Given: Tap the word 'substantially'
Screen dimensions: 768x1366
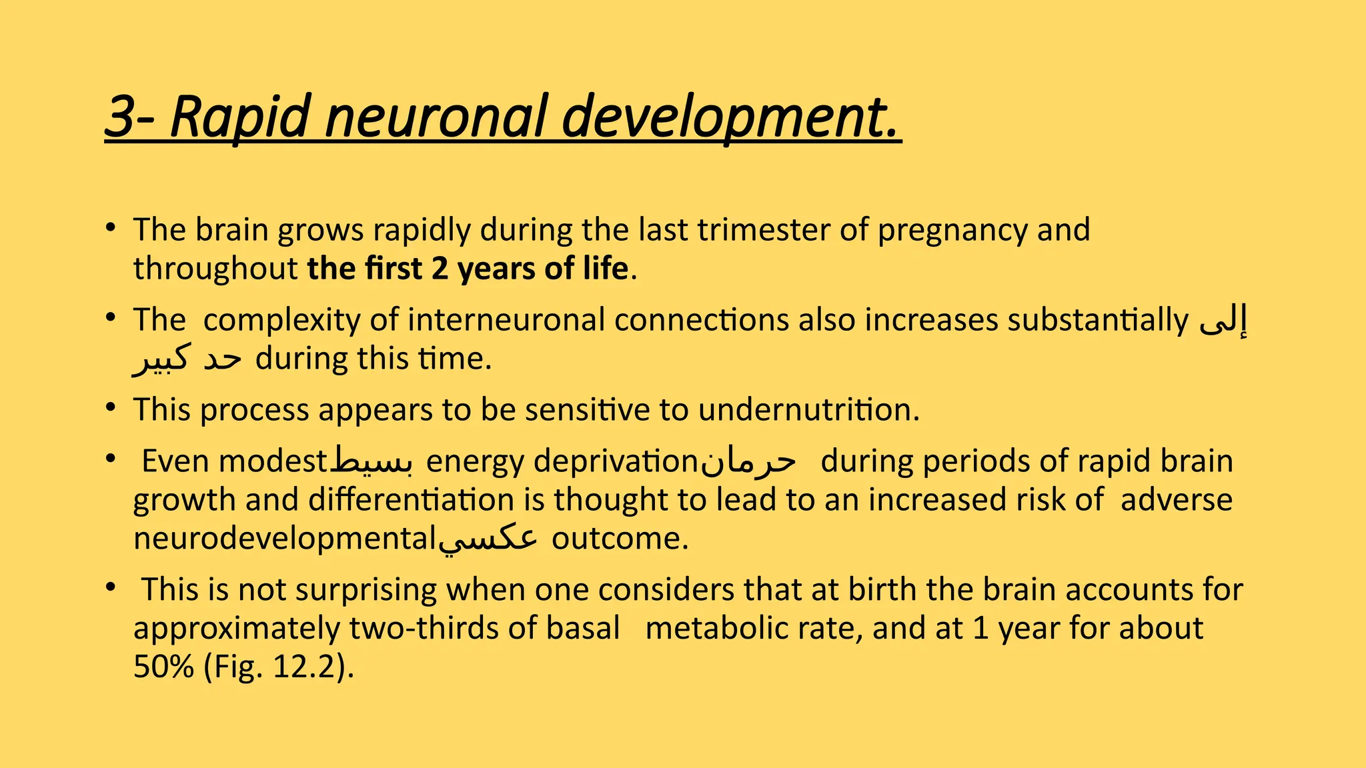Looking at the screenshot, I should (x=1097, y=320).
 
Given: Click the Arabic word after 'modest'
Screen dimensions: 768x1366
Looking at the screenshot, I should (x=372, y=460).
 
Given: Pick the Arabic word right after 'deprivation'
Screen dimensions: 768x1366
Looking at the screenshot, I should (x=748, y=460).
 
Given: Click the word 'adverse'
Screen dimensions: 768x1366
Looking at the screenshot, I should (x=1176, y=500).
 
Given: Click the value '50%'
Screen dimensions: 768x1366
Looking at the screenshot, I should (x=163, y=667).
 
